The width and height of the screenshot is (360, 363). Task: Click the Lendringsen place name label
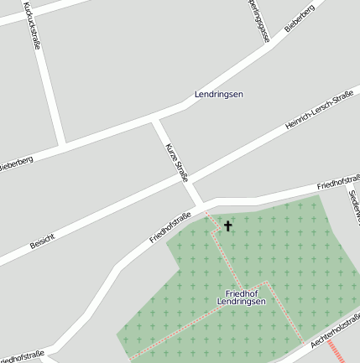click(x=218, y=94)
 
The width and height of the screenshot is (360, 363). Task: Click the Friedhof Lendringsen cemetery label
click(x=241, y=297)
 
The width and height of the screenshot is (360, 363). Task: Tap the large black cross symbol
click(x=227, y=226)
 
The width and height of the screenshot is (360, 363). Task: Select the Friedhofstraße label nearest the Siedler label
click(x=338, y=181)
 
